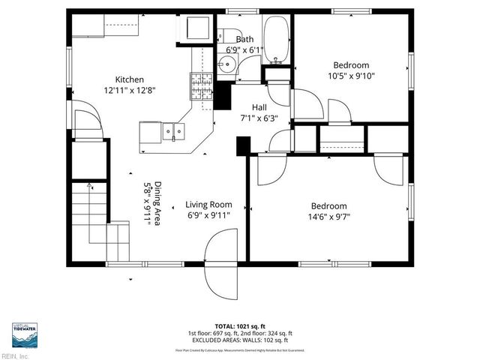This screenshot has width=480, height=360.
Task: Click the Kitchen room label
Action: [x=129, y=79]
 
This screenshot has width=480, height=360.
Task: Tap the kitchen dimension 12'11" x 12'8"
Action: [x=129, y=90]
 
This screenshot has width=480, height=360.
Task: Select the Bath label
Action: [x=244, y=39]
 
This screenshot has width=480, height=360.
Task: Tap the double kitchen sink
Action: [x=173, y=133]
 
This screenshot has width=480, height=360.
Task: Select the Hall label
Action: [x=259, y=107]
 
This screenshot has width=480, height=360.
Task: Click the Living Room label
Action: [x=208, y=204]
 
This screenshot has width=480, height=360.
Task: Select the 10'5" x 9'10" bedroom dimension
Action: [x=351, y=76]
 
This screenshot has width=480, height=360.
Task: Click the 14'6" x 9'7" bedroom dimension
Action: [x=329, y=217]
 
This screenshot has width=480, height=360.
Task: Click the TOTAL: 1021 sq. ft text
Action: [x=239, y=327]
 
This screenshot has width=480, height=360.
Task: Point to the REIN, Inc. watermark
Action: [x=15, y=355]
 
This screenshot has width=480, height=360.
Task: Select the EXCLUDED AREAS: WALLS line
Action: [x=239, y=339]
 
